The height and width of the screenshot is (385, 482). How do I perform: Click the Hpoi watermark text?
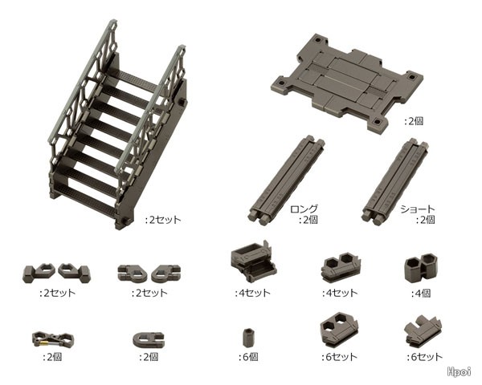point(460,371)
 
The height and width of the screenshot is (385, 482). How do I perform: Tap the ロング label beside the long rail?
point(304,209)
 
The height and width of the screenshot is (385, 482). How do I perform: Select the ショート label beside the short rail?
point(418,209)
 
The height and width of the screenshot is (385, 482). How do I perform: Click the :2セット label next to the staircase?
point(163,220)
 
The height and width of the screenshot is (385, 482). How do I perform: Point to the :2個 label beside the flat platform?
point(414,121)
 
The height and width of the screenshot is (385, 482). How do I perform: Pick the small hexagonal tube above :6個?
point(247,338)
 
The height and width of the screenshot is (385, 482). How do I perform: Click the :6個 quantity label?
point(249,357)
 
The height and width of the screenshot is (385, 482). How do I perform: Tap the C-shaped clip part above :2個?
point(149,338)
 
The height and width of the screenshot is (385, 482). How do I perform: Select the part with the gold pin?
point(52,338)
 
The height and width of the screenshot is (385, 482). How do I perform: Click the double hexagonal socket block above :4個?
point(421,268)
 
